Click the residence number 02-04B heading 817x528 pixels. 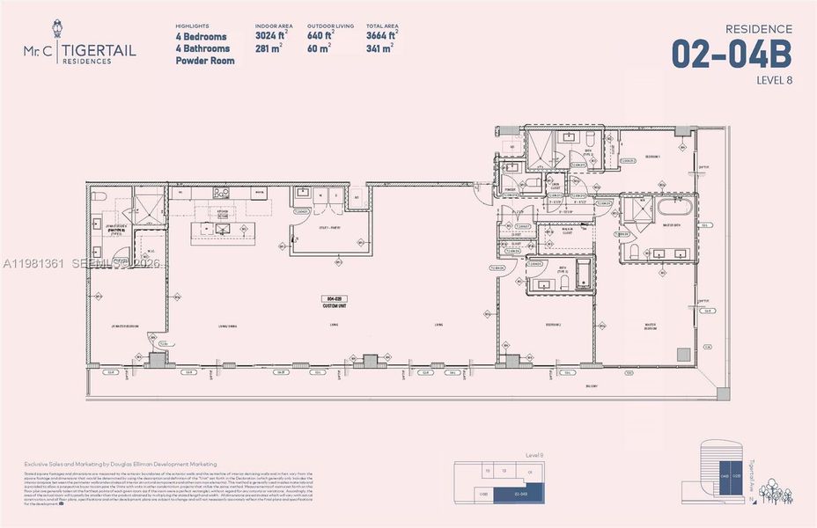[x=731, y=55]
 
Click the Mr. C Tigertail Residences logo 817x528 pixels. [x=80, y=55]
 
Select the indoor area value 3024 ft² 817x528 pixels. [x=271, y=36]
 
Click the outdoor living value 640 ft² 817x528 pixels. [x=326, y=36]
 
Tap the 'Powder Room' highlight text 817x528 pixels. [x=205, y=61]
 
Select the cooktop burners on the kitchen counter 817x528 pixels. [x=220, y=192]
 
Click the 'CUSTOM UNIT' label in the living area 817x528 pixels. [x=332, y=305]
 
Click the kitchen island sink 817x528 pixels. [x=222, y=229]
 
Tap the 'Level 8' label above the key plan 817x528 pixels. [x=532, y=455]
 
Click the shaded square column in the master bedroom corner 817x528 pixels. [x=683, y=354]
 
